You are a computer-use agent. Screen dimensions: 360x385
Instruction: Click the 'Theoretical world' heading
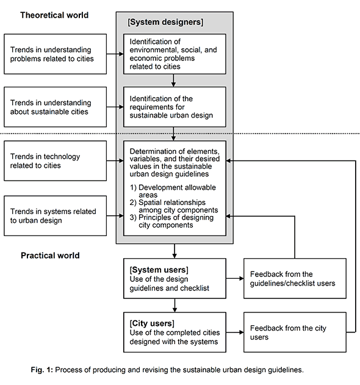click(54, 15)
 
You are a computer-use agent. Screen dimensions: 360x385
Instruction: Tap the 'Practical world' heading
click(50, 256)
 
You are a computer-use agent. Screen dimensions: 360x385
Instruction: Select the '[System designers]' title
click(165, 22)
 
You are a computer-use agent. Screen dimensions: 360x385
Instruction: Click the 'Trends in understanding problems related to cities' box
click(56, 54)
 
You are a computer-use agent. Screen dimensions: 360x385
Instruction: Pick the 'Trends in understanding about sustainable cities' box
click(56, 107)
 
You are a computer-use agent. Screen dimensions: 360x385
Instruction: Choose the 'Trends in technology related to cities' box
click(56, 161)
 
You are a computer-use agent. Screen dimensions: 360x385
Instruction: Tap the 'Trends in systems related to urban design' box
click(56, 216)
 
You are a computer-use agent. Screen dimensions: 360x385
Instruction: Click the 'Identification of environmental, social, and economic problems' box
click(175, 54)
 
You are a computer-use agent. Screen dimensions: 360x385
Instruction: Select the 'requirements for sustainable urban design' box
click(175, 107)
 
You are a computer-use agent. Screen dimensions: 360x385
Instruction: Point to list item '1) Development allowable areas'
click(173, 191)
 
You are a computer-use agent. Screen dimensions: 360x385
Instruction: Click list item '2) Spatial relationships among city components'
click(174, 206)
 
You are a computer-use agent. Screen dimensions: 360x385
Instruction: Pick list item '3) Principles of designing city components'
click(171, 221)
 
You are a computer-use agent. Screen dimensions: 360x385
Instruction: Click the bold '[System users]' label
click(159, 270)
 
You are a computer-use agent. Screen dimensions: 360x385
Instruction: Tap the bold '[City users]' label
click(152, 323)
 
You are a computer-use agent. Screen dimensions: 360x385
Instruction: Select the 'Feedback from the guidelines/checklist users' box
click(295, 278)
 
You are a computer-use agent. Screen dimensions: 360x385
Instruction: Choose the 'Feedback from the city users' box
click(295, 332)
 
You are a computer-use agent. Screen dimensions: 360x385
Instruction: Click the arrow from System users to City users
click(175, 306)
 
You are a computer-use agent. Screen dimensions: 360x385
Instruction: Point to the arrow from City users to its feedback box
click(235, 332)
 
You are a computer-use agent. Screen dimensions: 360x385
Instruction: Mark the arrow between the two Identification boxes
click(174, 81)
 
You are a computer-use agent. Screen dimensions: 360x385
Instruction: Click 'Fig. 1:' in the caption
click(41, 370)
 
